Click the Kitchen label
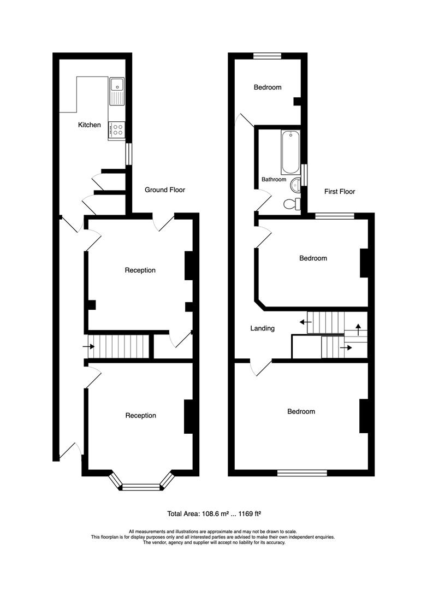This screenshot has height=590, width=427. [x=90, y=125]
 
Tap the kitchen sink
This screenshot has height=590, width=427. [x=117, y=91]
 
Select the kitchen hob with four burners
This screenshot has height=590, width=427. [x=117, y=129]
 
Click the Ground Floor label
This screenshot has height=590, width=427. [x=164, y=190]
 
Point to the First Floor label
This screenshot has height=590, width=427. [x=340, y=192]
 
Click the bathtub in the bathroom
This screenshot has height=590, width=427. [x=290, y=151]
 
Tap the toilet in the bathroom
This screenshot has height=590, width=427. [x=292, y=204]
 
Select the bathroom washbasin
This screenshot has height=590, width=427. [x=295, y=185]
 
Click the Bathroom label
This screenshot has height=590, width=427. [x=274, y=179]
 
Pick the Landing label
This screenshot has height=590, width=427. [x=262, y=328]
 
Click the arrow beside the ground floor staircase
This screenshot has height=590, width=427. [x=87, y=346]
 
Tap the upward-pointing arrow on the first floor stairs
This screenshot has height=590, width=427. [x=358, y=329]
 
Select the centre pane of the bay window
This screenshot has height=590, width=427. [x=140, y=487]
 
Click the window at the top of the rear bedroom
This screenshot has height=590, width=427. [x=268, y=55]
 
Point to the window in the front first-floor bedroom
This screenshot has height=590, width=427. [x=302, y=473]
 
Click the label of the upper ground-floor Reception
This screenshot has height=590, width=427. [x=140, y=270]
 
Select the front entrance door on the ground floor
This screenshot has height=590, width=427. [x=71, y=449]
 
